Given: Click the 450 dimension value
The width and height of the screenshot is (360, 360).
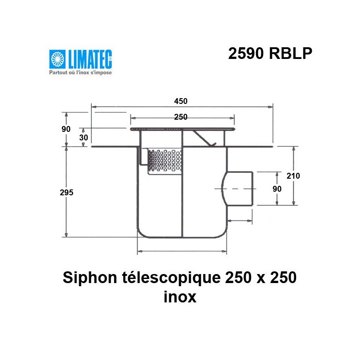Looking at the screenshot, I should pos(181,102).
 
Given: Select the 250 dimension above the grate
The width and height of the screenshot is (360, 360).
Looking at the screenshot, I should pos(180,117).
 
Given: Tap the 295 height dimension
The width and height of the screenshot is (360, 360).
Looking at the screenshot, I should pos(66,192).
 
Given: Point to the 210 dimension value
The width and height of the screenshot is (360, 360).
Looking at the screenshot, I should pos(293,175).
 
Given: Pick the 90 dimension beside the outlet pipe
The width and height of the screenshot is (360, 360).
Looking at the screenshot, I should pos(277,189).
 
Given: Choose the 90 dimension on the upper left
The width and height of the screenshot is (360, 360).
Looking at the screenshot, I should pos(66,129).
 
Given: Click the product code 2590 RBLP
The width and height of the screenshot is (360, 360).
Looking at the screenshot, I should pos(270,54).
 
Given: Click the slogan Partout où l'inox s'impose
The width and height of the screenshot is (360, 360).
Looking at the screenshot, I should pos(80,72).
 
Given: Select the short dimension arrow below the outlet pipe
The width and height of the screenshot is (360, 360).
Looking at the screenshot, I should pos(239,220).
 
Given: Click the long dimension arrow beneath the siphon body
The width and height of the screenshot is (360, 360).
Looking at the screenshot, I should pos(182,251).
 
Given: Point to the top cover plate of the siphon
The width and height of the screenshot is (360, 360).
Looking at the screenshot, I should pos(182,129).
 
